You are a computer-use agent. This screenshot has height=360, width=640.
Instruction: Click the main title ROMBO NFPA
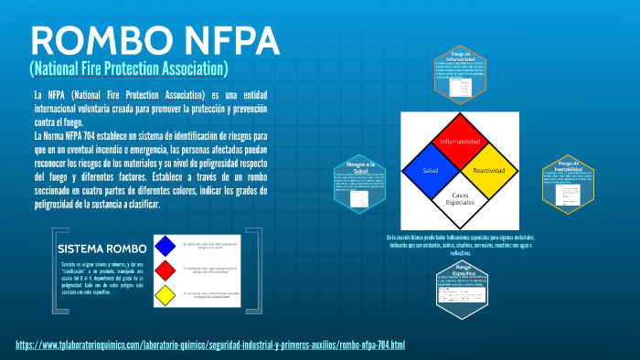click(155, 40)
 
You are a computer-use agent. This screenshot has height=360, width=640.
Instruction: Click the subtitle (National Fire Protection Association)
click(129, 69)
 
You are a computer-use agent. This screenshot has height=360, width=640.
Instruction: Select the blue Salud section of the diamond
click(431, 171)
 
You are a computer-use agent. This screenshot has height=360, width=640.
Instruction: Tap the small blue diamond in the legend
click(165, 246)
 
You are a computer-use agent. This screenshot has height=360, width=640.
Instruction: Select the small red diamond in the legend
click(165, 270)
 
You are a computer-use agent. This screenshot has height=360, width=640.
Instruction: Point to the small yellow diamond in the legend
click(165, 295)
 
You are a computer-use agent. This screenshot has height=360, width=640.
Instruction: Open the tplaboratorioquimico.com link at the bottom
click(210, 344)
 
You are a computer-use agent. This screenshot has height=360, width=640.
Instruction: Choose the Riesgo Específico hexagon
click(461, 285)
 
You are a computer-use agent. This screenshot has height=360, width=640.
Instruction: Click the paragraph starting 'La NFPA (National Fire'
click(151, 108)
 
